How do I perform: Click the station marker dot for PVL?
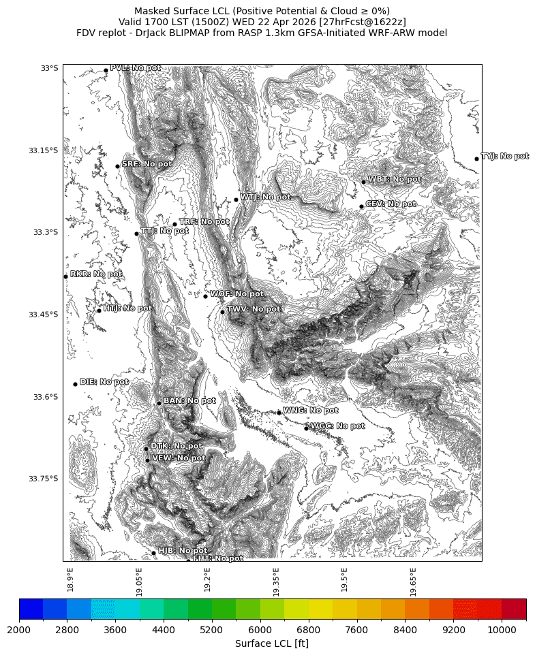(x=106, y=70)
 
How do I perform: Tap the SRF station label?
(x=147, y=164)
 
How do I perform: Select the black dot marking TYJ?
(x=476, y=159)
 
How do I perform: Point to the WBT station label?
(x=394, y=180)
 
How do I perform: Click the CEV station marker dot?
(x=361, y=206)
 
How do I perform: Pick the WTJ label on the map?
(x=265, y=197)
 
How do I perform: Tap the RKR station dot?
(x=65, y=276)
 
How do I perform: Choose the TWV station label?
(x=253, y=309)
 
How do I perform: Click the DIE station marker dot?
(x=75, y=384)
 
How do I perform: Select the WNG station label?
(x=310, y=411)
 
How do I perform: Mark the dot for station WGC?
(x=306, y=428)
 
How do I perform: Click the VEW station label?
(x=178, y=458)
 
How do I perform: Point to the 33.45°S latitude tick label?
(x=43, y=315)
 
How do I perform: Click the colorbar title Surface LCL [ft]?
(x=272, y=643)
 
